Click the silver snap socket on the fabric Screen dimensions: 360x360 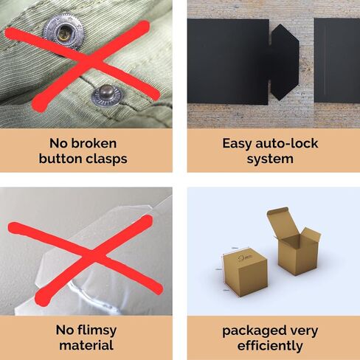point(63,32)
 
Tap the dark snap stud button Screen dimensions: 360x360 point(107,96)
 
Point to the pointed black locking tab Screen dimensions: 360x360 point(285,62)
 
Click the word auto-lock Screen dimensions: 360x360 point(287,143)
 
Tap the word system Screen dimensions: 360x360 point(270,159)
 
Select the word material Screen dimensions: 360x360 point(86,345)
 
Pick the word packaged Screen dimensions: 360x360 point(254,331)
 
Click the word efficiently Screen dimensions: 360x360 point(270,346)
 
